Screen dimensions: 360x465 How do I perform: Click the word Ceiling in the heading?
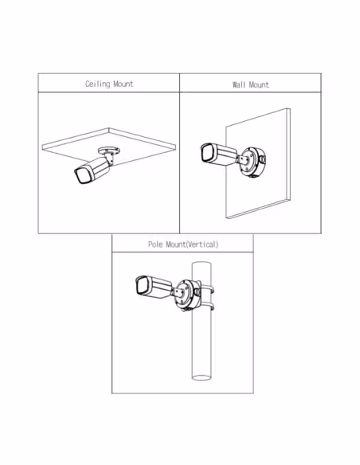coord(97,84)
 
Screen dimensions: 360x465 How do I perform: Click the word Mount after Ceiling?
coord(123,84)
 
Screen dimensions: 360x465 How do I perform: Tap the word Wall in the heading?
coord(239,85)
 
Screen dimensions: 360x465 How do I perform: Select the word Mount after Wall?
coord(259,85)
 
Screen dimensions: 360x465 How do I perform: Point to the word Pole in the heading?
coord(155,244)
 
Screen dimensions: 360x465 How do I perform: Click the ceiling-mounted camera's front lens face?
coord(82,175)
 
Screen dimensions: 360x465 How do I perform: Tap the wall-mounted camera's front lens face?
coord(208,152)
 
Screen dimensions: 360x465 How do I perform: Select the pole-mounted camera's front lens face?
coord(142,285)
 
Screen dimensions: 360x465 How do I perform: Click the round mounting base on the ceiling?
coord(109,150)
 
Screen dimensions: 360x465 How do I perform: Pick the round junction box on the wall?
coord(252,162)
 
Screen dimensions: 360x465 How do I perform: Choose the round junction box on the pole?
coord(187,295)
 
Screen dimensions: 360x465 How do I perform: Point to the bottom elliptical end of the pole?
coord(202,377)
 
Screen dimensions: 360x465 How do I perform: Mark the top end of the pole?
coord(202,264)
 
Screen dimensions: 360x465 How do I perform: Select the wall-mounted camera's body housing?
coord(226,154)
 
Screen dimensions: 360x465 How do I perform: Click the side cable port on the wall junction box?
coord(263,159)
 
